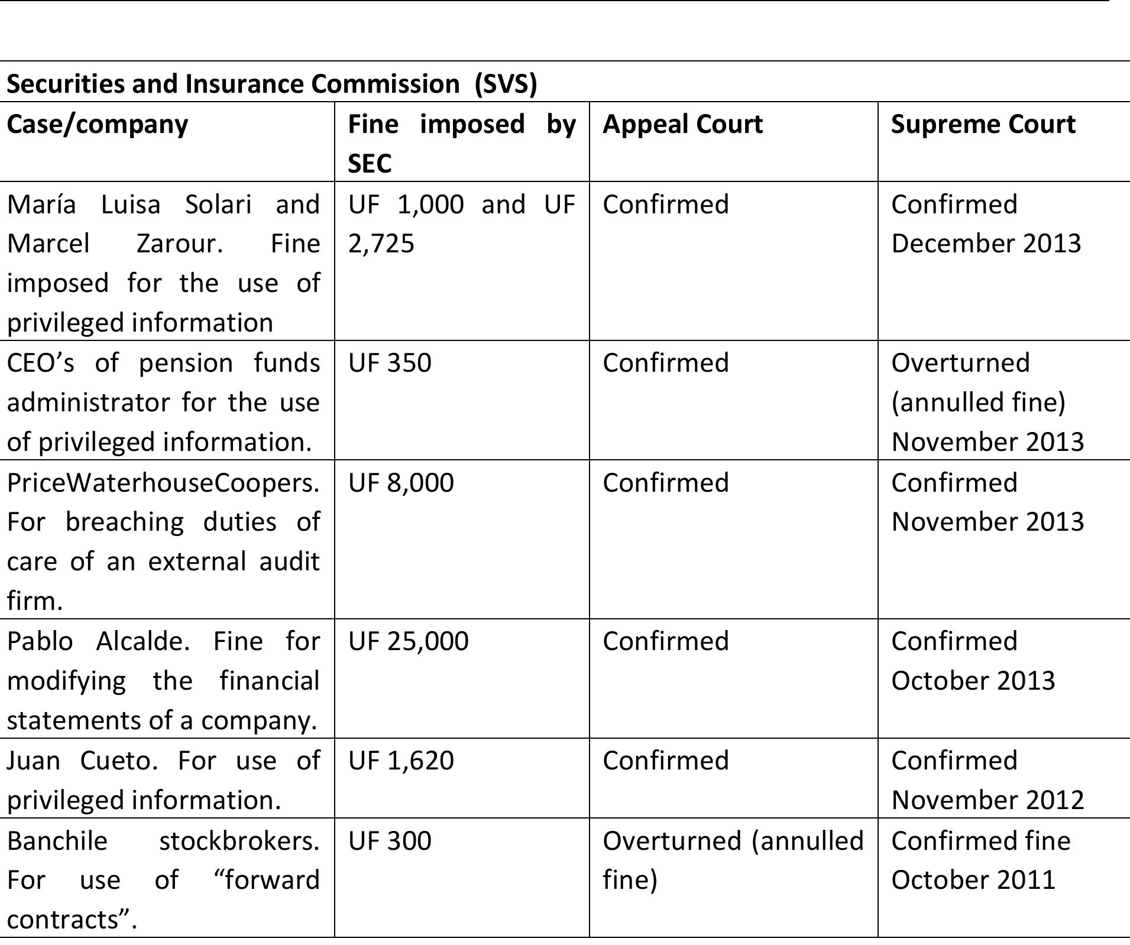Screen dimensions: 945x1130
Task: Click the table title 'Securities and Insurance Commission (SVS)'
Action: click(x=271, y=83)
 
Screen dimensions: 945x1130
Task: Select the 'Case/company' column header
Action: click(x=98, y=124)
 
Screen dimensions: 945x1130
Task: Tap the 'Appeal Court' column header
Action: click(x=682, y=124)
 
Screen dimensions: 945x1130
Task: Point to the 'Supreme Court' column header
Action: click(x=983, y=124)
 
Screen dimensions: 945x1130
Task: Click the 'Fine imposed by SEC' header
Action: click(x=461, y=143)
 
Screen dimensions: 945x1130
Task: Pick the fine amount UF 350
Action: click(x=390, y=362)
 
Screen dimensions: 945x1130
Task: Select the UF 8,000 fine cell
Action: click(x=401, y=482)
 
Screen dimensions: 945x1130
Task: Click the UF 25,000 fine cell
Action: click(x=408, y=641)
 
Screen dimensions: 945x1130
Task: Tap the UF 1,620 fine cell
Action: click(x=401, y=760)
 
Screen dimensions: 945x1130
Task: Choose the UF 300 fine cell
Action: click(x=390, y=840)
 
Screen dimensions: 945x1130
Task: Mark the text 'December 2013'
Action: click(x=986, y=243)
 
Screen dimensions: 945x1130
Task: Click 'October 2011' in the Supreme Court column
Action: click(x=973, y=880)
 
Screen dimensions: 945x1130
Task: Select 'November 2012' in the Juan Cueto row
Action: click(x=987, y=800)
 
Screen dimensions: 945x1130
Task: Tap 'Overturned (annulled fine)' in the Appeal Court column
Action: click(x=732, y=860)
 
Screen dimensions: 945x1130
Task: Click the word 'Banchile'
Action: click(x=57, y=840)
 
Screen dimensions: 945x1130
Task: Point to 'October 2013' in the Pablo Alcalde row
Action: click(x=973, y=681)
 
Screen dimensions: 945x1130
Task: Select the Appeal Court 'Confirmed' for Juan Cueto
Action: click(x=666, y=760)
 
